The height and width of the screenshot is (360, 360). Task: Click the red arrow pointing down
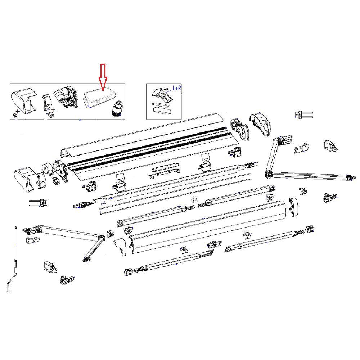[x=103, y=77]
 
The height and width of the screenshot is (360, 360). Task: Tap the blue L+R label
[x=177, y=88]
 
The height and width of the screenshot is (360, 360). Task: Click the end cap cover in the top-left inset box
[x=24, y=100]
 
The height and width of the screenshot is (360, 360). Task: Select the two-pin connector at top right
[x=303, y=115]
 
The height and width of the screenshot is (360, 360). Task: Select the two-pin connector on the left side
[x=39, y=203]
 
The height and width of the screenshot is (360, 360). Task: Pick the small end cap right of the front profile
[x=293, y=208]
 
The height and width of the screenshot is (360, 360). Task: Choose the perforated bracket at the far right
[x=330, y=197]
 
